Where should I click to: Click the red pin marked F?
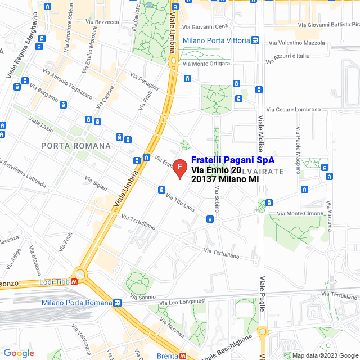[x=179, y=168]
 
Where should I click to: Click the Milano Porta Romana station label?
[x=76, y=303]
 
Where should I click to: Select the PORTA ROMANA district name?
[x=76, y=145]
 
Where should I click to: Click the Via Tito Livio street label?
[x=181, y=202]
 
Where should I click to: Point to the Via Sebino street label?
[x=217, y=191]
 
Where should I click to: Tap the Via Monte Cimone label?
[x=301, y=214]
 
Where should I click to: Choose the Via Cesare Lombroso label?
[x=293, y=110]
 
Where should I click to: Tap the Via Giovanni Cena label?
[x=205, y=26]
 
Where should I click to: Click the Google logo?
[x=19, y=353]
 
